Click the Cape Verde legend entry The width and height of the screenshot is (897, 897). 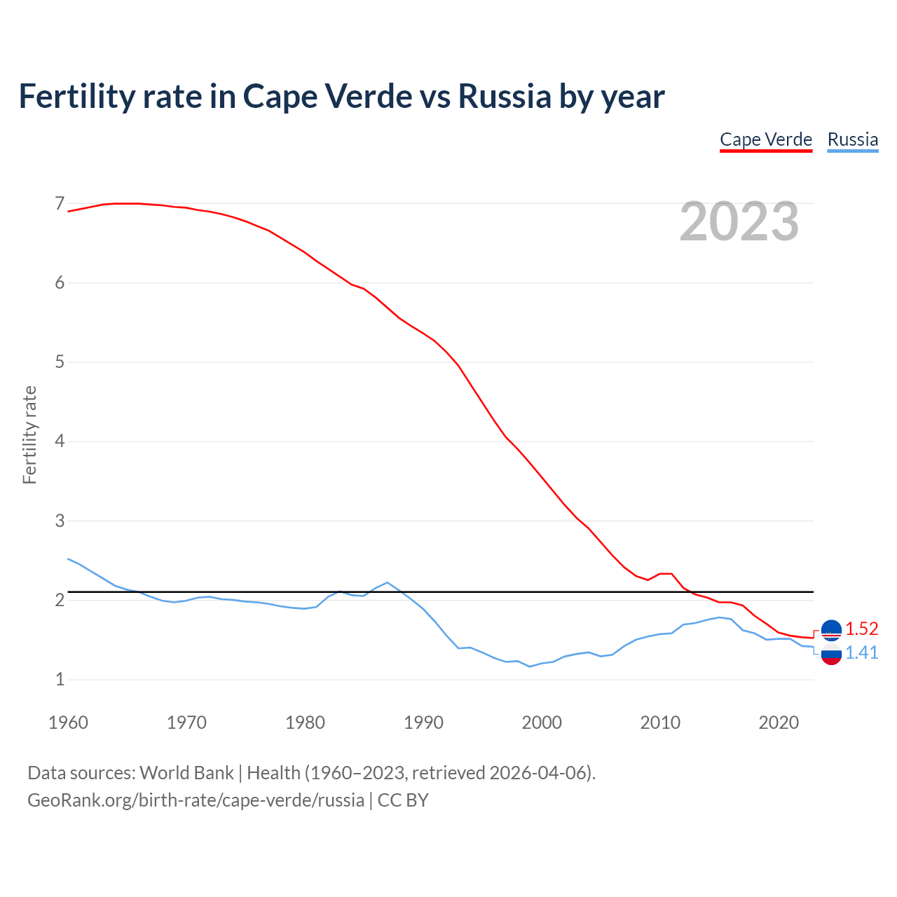[766, 139]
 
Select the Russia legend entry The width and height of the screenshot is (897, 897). [852, 139]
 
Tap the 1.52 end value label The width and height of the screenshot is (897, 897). [861, 629]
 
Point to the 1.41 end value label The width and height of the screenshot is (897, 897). [861, 652]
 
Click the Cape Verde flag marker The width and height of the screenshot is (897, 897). [831, 631]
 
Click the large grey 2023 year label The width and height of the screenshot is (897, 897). [739, 221]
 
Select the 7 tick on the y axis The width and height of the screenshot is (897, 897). [60, 204]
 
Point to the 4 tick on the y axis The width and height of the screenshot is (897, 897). [60, 441]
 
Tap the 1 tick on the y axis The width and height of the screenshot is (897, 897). [60, 679]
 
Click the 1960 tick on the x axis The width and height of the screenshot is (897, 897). [68, 723]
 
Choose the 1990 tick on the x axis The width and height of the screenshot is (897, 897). [423, 723]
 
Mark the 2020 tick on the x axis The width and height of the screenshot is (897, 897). [779, 723]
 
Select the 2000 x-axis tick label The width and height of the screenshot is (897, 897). [542, 723]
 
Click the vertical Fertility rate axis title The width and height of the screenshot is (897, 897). [29, 434]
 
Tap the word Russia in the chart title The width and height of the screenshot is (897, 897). [505, 96]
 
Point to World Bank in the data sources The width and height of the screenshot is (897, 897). [186, 773]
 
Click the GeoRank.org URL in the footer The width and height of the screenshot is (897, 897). [196, 800]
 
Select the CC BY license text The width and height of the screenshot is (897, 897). [403, 800]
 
